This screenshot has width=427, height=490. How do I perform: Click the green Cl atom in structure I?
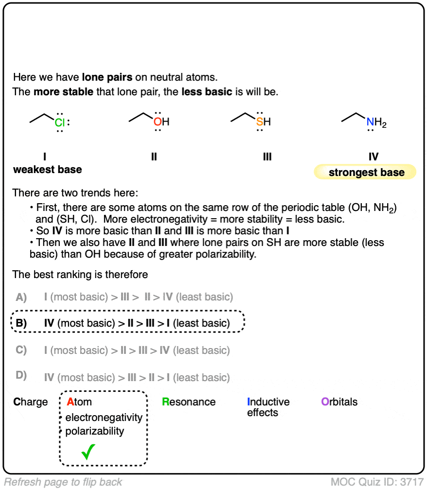pos(59,122)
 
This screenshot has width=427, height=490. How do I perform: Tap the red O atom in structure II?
pos(157,122)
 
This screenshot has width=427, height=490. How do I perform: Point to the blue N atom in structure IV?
pos(371,122)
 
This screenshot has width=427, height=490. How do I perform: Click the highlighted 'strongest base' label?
pos(366,173)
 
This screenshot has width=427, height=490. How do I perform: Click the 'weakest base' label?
pos(47,170)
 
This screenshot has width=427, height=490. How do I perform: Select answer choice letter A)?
pos(21,297)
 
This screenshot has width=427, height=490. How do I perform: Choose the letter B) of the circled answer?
pos(21,323)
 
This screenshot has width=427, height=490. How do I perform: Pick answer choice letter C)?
pos(21,350)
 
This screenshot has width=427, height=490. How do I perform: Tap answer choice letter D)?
pos(21,377)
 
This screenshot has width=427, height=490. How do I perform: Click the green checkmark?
pos(88,452)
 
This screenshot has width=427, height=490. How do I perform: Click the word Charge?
pos(31,402)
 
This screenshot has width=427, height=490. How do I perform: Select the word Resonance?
pos(189,402)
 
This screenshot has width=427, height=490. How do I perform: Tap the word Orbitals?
pos(339,402)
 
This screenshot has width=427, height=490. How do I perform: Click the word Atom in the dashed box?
pos(79,402)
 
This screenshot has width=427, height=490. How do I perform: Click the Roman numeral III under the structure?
pos(267,157)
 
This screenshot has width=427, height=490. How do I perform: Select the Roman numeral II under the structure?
pos(154,157)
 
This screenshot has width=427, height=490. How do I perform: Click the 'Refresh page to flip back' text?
pos(63,482)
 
